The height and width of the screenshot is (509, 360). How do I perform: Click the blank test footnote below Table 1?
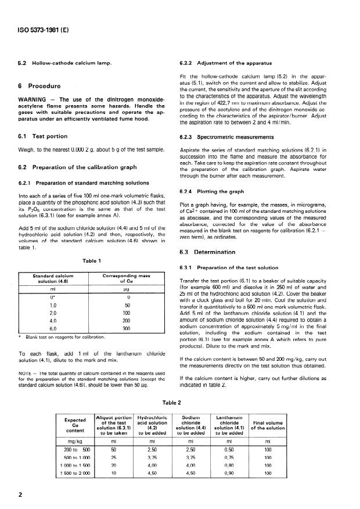tap(64, 337)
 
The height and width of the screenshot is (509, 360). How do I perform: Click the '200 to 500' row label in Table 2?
tap(75, 449)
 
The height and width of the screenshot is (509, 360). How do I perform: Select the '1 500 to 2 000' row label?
tap(75, 474)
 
